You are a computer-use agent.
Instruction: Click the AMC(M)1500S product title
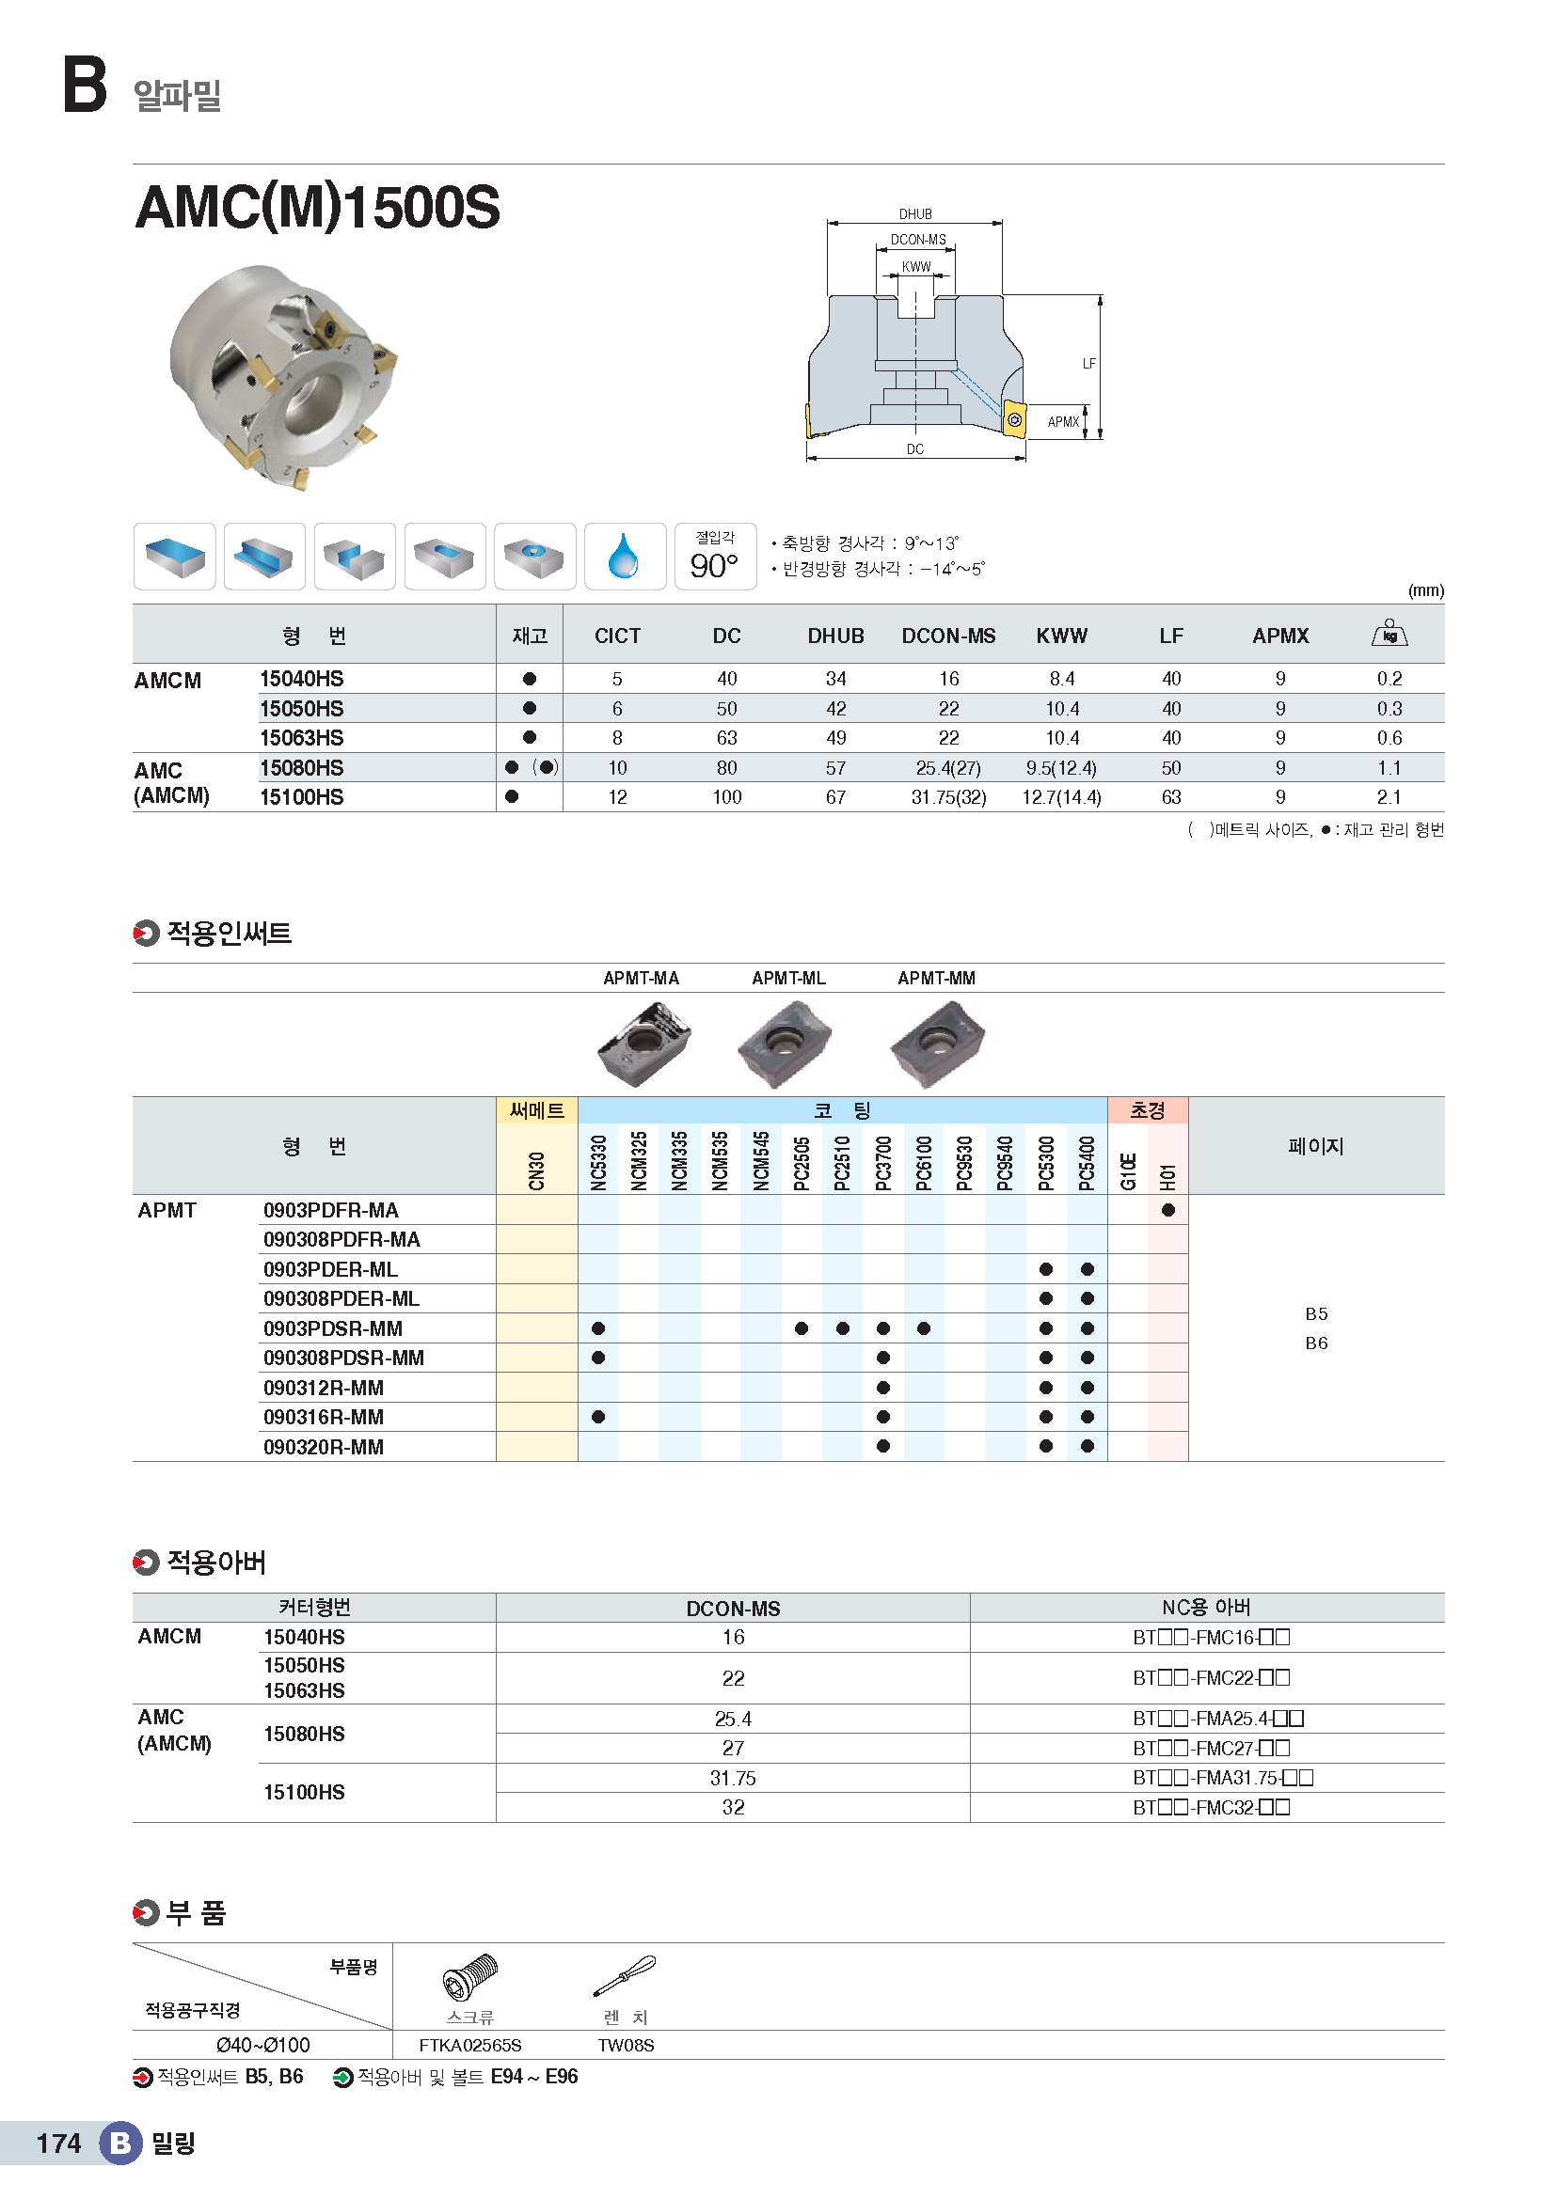tap(317, 207)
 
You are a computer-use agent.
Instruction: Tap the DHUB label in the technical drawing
tap(915, 214)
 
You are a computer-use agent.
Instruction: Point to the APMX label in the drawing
tap(1062, 422)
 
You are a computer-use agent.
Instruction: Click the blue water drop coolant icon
tap(624, 557)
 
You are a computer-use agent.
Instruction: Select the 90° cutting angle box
tap(715, 558)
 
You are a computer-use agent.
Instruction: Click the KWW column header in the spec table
tap(1061, 636)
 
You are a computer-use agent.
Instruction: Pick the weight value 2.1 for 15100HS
tap(1389, 797)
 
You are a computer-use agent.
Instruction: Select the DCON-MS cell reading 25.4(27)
tap(947, 768)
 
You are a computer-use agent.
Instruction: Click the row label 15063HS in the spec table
tap(302, 738)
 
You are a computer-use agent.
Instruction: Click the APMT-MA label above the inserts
tap(641, 978)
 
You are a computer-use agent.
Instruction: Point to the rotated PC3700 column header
tap(883, 1163)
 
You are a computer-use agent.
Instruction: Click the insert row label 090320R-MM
tap(324, 1447)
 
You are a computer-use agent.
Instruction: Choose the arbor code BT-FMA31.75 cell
tap(1222, 1779)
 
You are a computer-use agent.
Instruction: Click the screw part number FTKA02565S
tap(469, 2046)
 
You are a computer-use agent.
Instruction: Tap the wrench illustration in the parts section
tap(625, 1976)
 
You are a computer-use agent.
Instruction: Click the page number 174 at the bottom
tap(58, 2144)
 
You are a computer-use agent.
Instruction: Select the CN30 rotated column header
tap(536, 1170)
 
